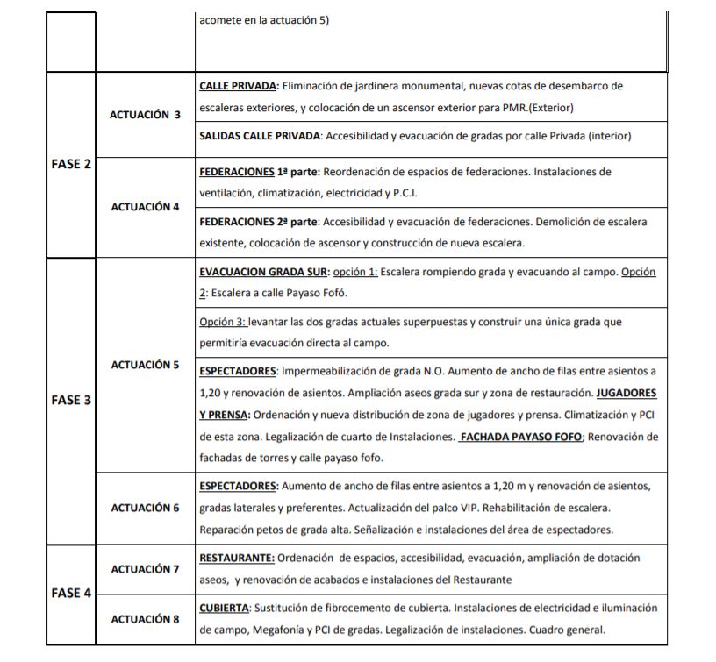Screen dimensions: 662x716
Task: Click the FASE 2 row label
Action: point(71,165)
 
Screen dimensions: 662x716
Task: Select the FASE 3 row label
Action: point(71,400)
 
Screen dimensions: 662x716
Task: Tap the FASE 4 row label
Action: point(71,593)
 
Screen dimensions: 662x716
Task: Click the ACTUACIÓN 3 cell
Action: point(146,115)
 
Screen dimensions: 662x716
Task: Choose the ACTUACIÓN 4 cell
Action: point(146,207)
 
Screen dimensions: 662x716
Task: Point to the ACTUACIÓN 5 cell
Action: point(146,364)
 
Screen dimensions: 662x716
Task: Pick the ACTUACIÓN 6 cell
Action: point(146,508)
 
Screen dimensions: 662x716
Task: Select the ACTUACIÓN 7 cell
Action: point(146,569)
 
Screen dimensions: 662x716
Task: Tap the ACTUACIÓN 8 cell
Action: point(146,619)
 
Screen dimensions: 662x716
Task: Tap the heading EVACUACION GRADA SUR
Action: point(263,272)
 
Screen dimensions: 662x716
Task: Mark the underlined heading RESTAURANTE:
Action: point(237,558)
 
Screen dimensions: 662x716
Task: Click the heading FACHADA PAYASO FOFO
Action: point(521,437)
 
